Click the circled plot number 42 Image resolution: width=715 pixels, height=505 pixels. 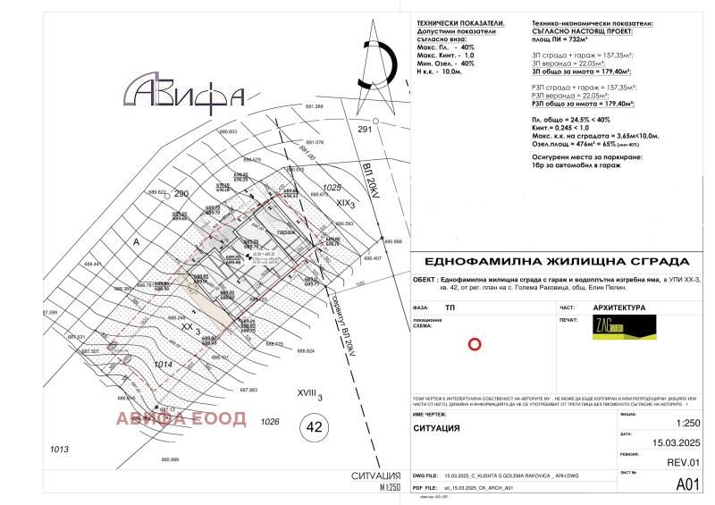[x=313, y=425]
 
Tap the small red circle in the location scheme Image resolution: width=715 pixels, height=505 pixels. [x=475, y=343]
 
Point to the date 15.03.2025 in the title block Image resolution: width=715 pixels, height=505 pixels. [x=662, y=440]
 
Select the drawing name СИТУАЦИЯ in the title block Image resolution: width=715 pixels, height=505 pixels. [x=437, y=428]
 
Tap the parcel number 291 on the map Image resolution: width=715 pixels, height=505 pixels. [x=365, y=130]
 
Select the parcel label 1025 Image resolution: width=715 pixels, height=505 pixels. [x=332, y=188]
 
